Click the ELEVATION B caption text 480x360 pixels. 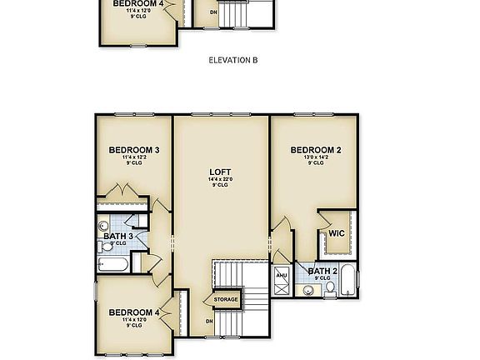coord(232,61)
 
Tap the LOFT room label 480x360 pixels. coord(220,172)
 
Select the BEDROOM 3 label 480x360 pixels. coord(134,150)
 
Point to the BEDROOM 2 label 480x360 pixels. coord(315,150)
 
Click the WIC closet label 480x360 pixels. coord(337,233)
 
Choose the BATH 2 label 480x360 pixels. coord(321,271)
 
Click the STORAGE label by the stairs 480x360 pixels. coord(226,299)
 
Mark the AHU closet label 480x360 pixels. coord(281,274)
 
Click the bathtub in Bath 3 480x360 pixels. coord(112,265)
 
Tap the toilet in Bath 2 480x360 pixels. coord(330,288)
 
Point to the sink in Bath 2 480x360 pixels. coord(307,290)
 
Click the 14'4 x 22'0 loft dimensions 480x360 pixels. coord(220,179)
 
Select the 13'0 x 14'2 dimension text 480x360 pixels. coord(315,157)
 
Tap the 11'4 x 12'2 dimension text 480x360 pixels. coord(134,157)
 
